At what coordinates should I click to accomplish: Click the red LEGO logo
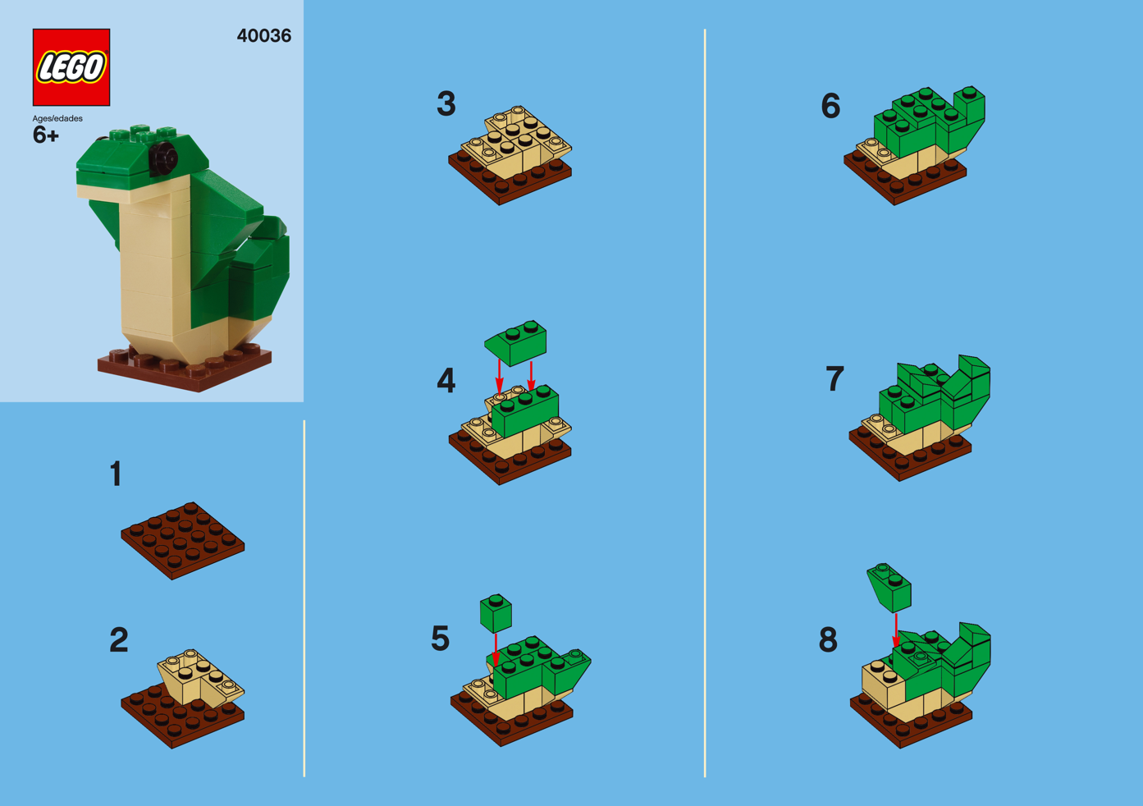71,67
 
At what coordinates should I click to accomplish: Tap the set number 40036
264,36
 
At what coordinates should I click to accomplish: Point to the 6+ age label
45,135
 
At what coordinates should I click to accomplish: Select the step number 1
116,474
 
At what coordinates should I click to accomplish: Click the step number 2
119,640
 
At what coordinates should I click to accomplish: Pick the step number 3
446,103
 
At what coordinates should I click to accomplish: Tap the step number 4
446,380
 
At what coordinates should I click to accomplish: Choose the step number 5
441,639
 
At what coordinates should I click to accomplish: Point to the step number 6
830,106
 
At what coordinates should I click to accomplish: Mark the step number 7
834,378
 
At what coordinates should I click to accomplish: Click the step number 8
828,640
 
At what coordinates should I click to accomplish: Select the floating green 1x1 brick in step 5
496,613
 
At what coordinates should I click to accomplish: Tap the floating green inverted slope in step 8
889,588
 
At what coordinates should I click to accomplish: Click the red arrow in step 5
496,650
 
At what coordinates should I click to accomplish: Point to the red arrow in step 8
896,630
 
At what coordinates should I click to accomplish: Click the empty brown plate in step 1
183,541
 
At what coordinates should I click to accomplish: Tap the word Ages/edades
57,118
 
